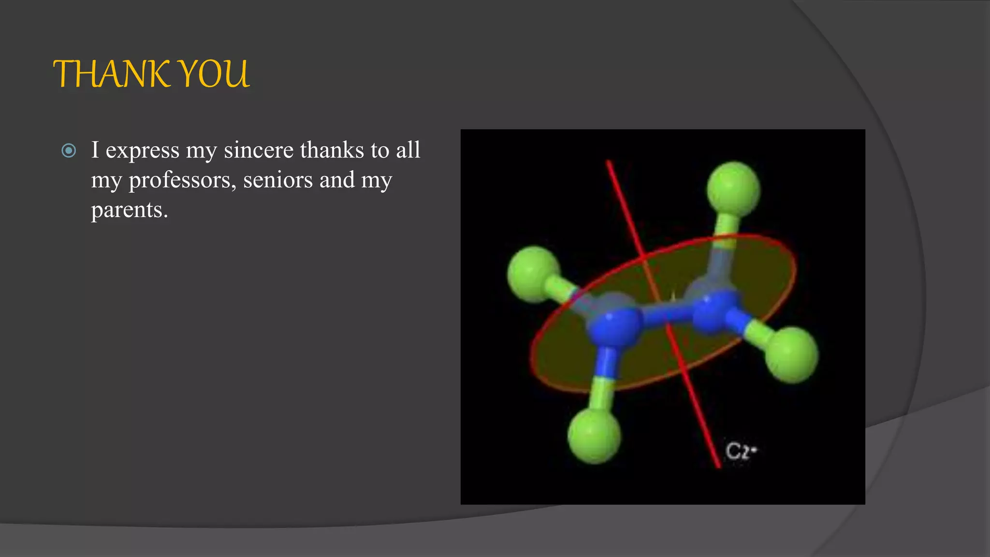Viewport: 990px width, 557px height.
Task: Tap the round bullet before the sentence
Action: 69,151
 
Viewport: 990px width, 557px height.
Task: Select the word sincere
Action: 259,150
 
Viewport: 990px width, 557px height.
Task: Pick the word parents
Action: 129,210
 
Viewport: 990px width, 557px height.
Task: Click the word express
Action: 143,151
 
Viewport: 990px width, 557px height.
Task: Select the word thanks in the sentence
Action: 332,150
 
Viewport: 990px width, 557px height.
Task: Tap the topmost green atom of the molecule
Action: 733,189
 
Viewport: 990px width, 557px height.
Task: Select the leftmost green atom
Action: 534,274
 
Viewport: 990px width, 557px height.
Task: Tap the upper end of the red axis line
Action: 609,163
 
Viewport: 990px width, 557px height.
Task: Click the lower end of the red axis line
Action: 718,465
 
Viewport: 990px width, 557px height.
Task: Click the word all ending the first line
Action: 408,150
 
